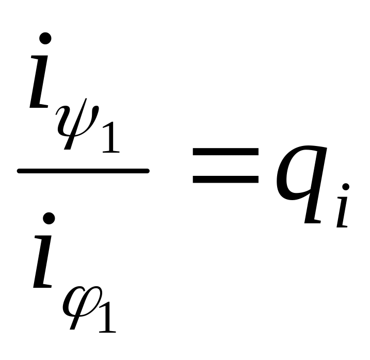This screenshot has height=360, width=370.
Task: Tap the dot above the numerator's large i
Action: click(46, 39)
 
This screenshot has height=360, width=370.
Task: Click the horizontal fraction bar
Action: click(83, 171)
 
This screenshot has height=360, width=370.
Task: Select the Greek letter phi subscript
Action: click(78, 309)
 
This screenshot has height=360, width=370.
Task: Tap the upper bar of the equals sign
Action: click(226, 152)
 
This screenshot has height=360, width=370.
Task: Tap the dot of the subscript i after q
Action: click(346, 187)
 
